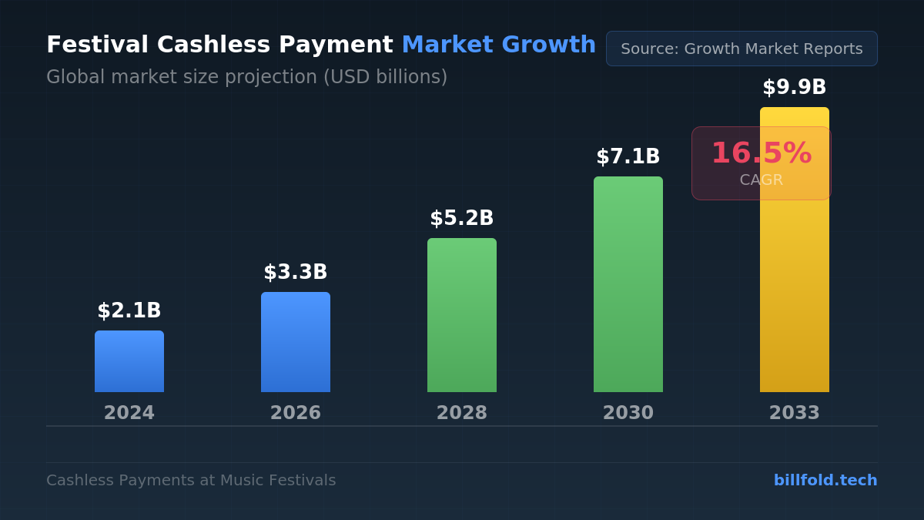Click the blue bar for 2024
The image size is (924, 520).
click(129, 361)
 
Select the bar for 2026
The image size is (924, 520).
click(296, 342)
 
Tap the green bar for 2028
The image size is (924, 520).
click(462, 315)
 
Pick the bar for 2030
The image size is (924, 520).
click(628, 284)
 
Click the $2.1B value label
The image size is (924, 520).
click(129, 311)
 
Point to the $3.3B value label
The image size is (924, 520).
click(296, 273)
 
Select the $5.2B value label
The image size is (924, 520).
click(462, 219)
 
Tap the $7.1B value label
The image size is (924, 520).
click(628, 157)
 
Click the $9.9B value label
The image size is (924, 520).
click(795, 88)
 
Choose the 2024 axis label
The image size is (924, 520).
click(129, 413)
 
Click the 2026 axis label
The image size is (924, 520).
click(296, 413)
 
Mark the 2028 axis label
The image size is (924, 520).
click(462, 413)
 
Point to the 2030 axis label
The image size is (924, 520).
click(628, 413)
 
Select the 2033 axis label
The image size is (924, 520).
click(795, 413)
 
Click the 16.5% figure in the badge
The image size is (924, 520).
click(761, 153)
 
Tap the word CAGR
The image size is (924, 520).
click(761, 180)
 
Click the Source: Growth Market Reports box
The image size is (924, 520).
click(742, 49)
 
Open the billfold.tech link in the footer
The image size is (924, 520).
click(825, 481)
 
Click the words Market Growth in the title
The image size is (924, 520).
click(498, 45)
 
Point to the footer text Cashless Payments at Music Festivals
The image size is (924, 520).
click(191, 481)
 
